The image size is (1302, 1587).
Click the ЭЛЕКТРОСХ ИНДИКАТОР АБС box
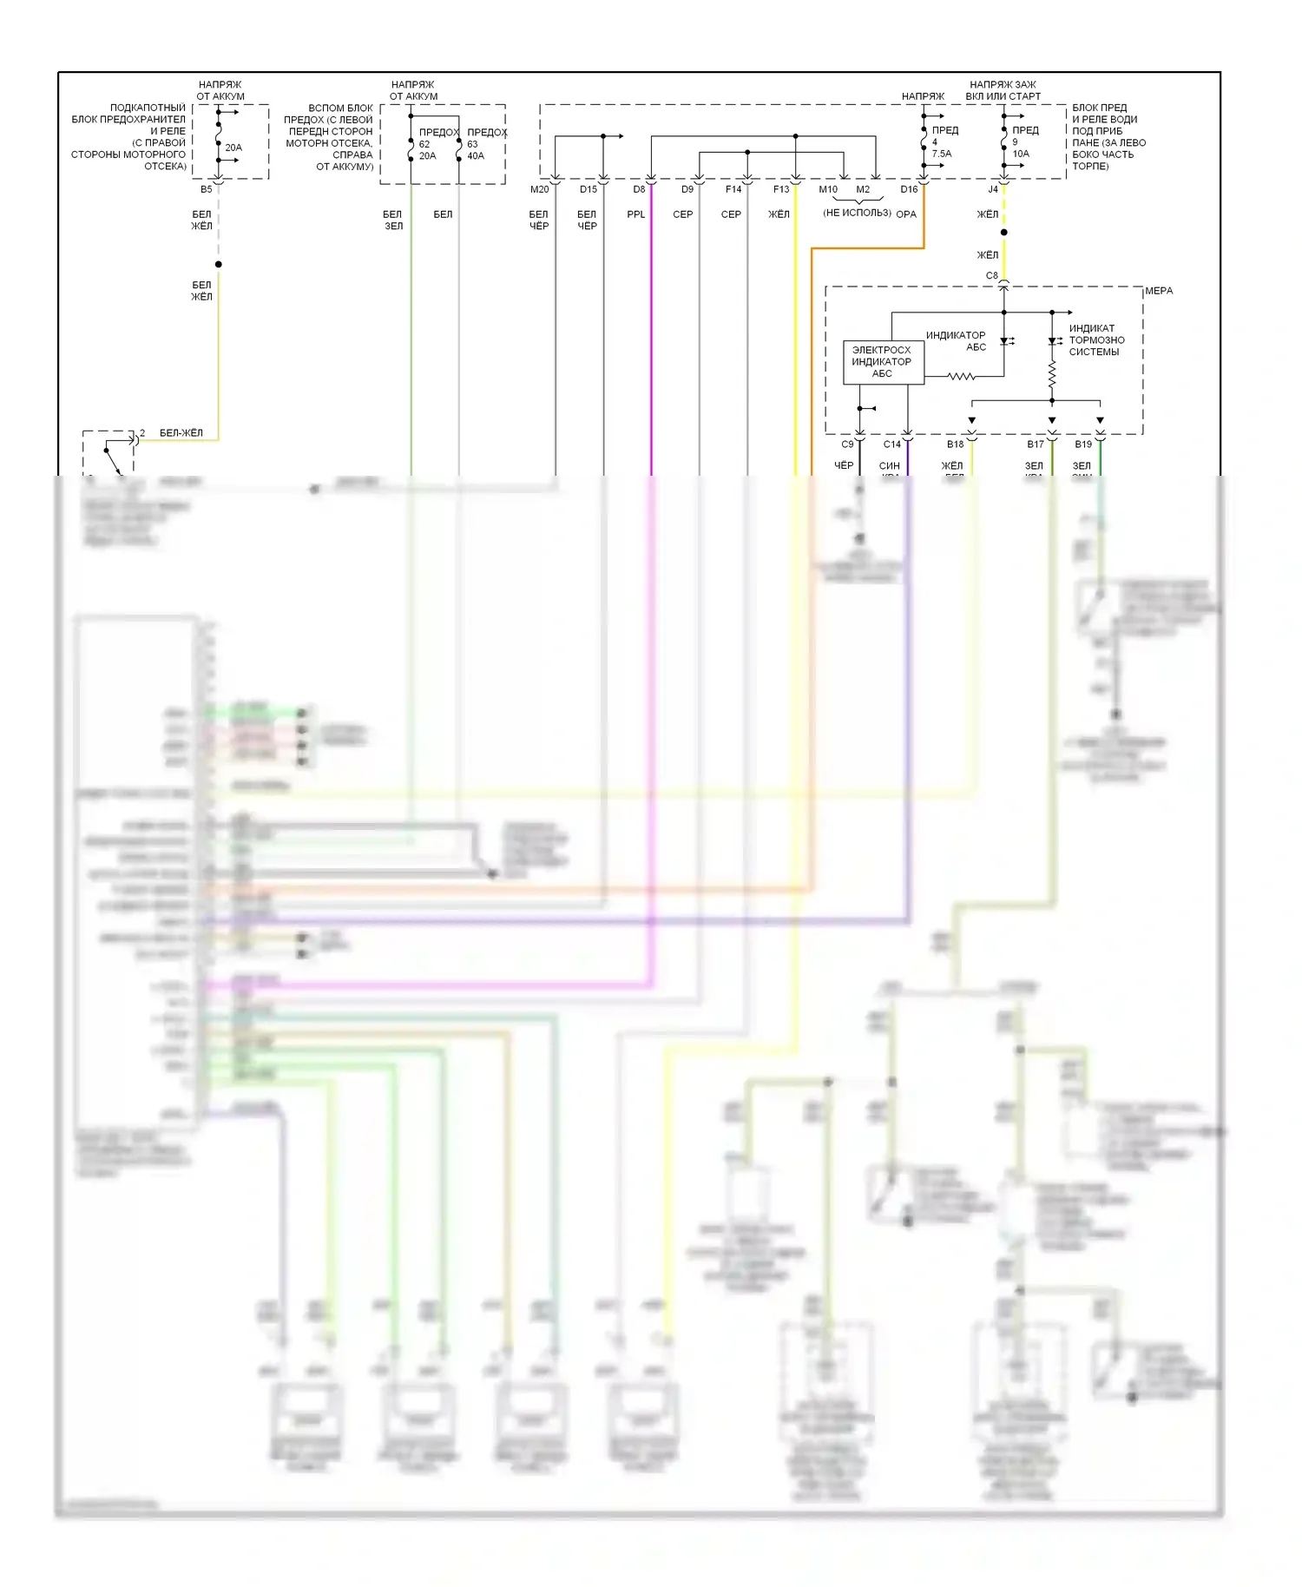coord(883,362)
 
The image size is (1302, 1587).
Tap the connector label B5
coord(206,189)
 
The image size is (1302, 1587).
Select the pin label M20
coord(539,189)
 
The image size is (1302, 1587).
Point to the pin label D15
coord(589,189)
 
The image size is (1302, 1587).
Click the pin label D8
coord(639,189)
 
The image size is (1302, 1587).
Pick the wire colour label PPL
coord(636,214)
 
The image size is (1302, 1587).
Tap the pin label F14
coord(733,189)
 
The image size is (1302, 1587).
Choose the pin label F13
coord(781,189)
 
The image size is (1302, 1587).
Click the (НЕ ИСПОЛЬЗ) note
coord(857,213)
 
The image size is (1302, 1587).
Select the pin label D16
coord(909,189)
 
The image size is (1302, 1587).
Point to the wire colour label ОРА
coord(906,214)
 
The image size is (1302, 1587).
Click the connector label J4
coord(993,189)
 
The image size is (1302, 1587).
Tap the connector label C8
coord(991,276)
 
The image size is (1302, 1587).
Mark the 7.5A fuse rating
coord(942,154)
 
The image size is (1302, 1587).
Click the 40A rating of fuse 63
coord(476,156)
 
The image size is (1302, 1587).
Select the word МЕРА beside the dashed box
coord(1159,291)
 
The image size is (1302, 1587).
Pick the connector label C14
coord(891,444)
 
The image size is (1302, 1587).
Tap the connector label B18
coord(955,444)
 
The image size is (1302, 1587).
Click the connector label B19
coord(1083,444)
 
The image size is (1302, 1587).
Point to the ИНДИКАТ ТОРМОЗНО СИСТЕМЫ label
coord(1096,340)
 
